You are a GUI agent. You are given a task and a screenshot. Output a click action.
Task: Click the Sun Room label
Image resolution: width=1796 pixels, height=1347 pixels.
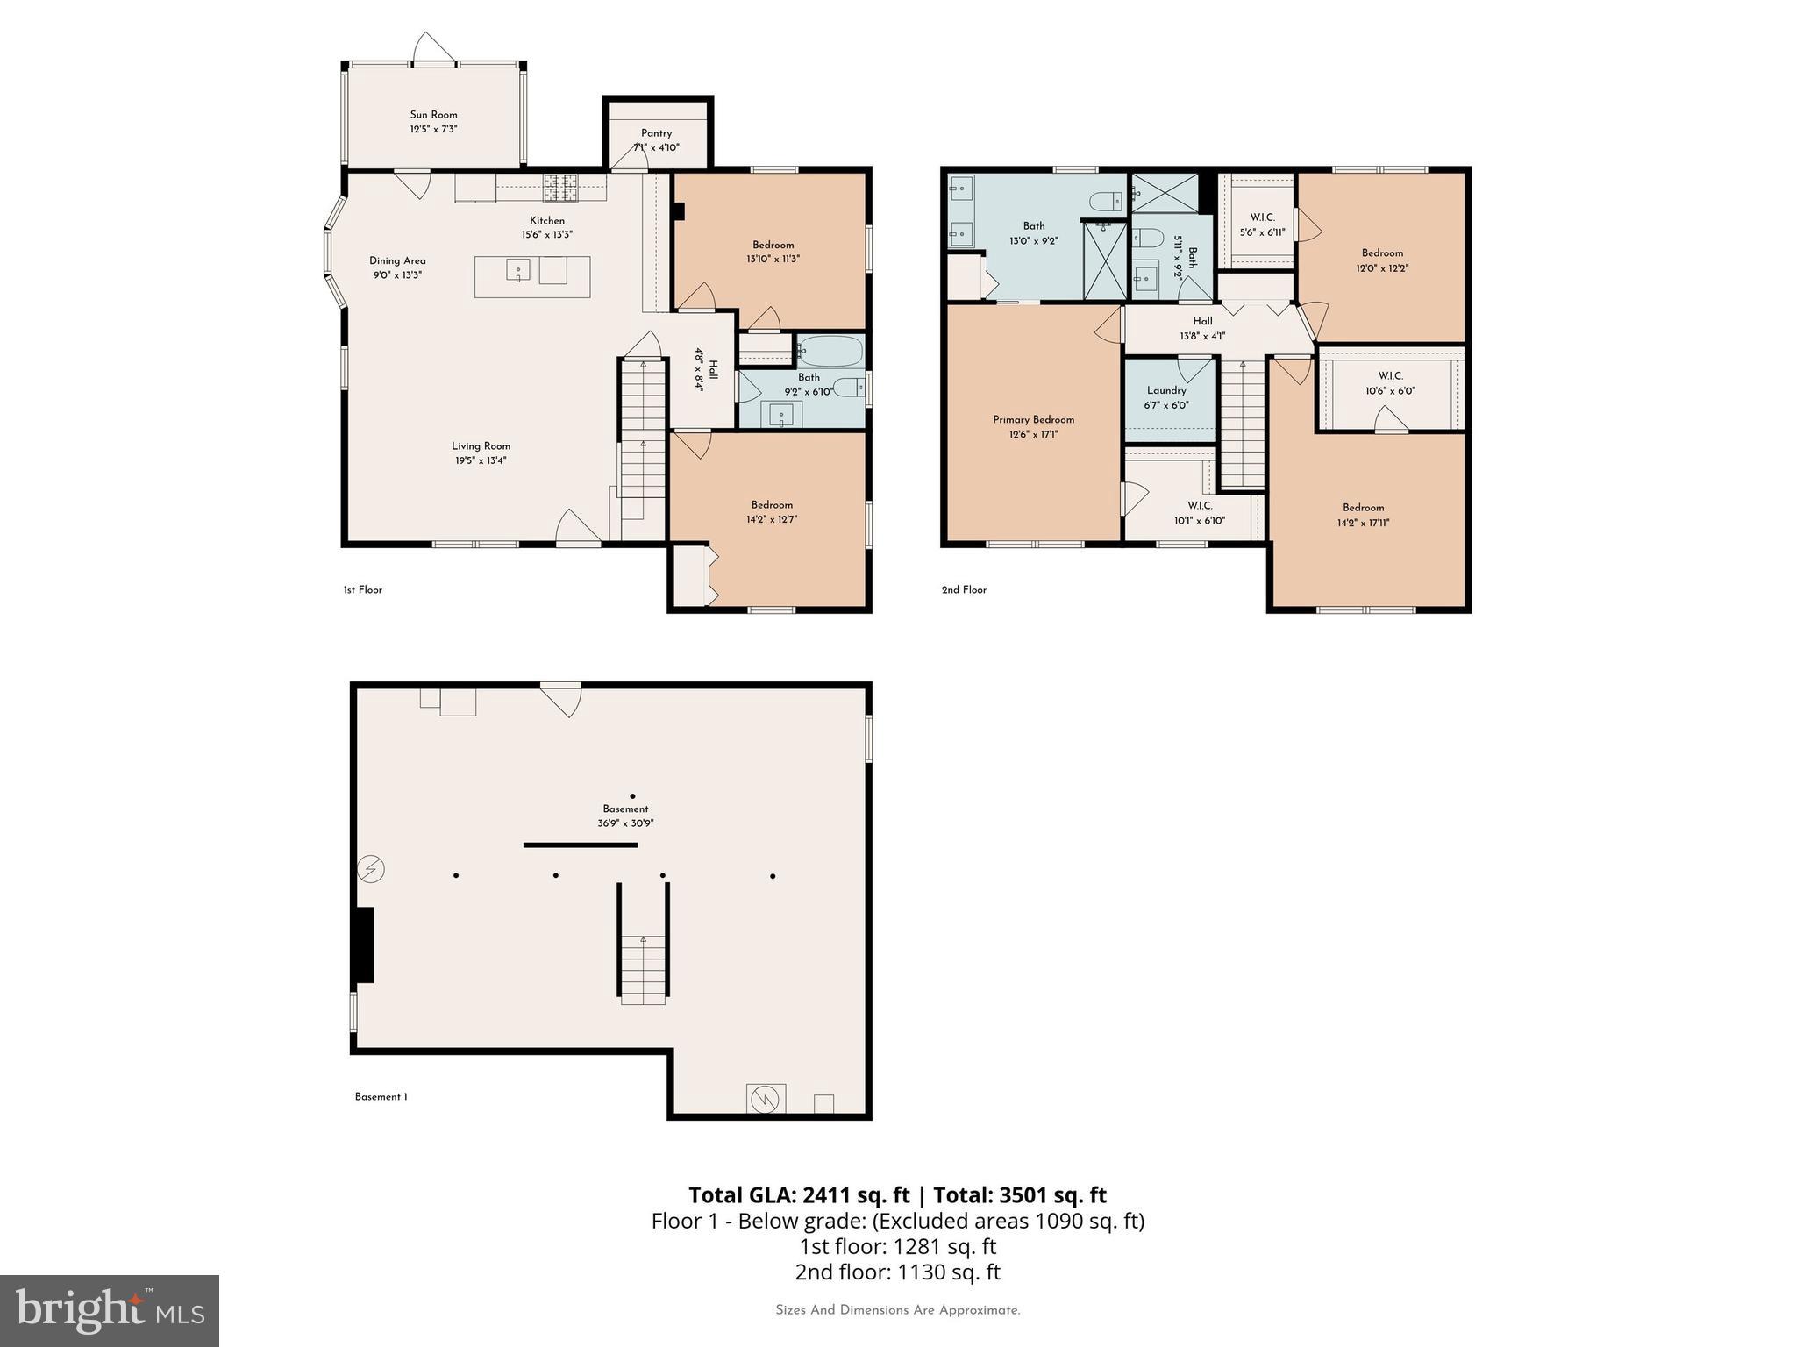point(433,115)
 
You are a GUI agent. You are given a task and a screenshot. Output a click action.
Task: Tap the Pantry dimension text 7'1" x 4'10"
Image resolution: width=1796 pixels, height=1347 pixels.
point(656,148)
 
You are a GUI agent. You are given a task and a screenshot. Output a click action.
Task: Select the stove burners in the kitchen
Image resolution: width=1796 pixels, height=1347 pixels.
point(561,187)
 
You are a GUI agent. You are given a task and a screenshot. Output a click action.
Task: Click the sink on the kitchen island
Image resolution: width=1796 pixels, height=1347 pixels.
point(517,270)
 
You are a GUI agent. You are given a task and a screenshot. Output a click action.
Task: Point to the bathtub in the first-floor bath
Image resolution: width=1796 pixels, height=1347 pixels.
point(830,351)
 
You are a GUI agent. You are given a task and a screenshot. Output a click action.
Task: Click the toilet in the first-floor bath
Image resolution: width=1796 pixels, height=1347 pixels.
point(848,387)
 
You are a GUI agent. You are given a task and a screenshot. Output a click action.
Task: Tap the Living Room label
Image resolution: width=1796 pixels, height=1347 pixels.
point(481,446)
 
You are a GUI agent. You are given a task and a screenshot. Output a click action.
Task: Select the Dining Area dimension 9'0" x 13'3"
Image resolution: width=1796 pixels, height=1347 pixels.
point(397,275)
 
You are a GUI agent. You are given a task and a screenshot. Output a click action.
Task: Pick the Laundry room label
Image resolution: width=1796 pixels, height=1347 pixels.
point(1166,391)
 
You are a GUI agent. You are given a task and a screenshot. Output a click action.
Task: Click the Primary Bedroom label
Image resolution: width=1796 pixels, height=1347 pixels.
point(1033,420)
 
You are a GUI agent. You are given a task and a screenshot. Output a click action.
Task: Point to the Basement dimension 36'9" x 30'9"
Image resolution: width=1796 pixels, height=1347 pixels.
point(625,823)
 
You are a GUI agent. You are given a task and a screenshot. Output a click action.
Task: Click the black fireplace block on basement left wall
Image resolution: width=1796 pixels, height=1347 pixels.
point(363,944)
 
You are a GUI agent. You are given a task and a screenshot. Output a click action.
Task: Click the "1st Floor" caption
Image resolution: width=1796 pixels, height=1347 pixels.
point(362,590)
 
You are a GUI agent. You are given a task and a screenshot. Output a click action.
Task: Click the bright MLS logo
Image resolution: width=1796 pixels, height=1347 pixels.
point(109,1310)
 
